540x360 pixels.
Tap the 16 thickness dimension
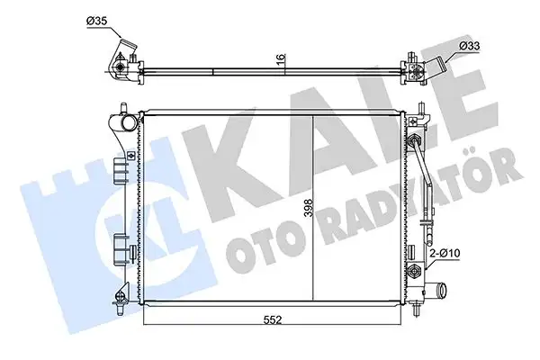tap(281, 60)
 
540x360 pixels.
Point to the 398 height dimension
tap(307, 211)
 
